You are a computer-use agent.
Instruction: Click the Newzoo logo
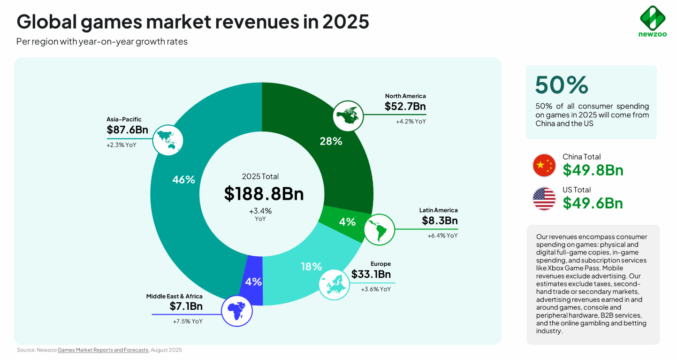[653, 21]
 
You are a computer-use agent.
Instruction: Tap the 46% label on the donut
[184, 180]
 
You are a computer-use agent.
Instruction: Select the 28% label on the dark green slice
[331, 141]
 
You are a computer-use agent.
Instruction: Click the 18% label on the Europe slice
[312, 267]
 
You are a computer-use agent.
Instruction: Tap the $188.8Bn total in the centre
[264, 194]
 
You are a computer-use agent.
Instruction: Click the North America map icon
[348, 116]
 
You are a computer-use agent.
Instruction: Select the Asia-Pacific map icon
[168, 140]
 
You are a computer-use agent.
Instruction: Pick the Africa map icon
[236, 311]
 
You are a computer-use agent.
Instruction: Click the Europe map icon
[334, 285]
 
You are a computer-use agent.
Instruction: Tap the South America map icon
[379, 230]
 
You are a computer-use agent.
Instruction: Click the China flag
[544, 165]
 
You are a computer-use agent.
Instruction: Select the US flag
[544, 199]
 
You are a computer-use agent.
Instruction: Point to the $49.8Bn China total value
[593, 170]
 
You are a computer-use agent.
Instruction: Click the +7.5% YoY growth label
[188, 322]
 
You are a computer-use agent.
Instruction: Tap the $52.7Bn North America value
[405, 107]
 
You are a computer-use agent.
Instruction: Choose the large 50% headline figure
[562, 85]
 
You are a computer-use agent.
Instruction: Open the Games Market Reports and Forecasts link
[103, 350]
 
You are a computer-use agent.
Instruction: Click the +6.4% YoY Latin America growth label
[442, 236]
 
